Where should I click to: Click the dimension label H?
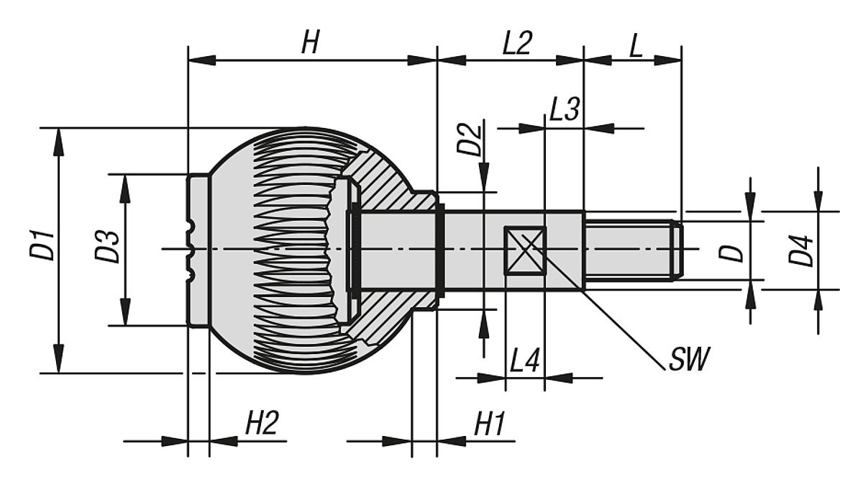pos(310,44)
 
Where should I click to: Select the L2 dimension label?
pos(516,44)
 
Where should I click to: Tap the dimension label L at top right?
pos(636,44)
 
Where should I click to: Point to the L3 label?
pos(564,110)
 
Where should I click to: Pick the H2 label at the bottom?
pos(261,424)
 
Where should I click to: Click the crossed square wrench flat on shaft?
pos(525,250)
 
